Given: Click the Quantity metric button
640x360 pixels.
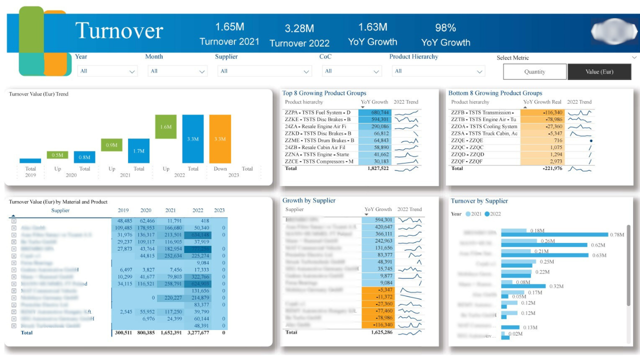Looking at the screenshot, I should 534,71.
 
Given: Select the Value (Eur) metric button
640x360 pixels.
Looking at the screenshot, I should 599,71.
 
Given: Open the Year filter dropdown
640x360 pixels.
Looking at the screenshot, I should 108,71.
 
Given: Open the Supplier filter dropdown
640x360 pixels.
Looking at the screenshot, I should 264,71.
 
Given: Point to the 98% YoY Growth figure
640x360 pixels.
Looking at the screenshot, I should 445,27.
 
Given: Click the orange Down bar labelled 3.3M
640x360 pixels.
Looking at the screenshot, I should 220,139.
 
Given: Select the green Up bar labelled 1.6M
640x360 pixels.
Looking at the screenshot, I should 165,127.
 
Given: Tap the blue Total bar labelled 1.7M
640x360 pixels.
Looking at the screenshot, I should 138,150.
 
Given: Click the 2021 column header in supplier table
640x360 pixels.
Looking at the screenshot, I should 170,210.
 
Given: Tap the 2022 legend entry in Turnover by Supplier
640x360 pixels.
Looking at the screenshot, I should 492,214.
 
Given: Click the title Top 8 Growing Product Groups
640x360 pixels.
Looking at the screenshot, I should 324,93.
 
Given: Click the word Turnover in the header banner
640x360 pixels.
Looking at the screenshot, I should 119,31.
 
